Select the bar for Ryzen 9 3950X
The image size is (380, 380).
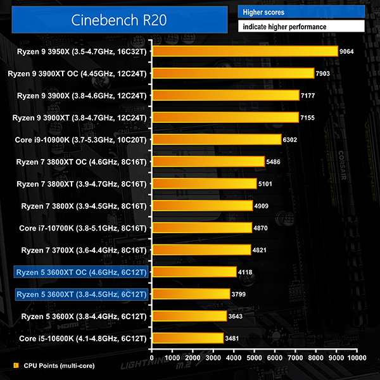click(x=244, y=51)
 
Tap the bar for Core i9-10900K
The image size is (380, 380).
click(x=215, y=139)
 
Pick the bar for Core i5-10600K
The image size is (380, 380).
click(x=187, y=338)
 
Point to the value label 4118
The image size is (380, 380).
click(x=246, y=272)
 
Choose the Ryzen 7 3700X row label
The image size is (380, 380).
click(x=82, y=250)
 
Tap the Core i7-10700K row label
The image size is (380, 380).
click(x=81, y=227)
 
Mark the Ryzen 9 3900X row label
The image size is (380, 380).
click(x=82, y=96)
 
